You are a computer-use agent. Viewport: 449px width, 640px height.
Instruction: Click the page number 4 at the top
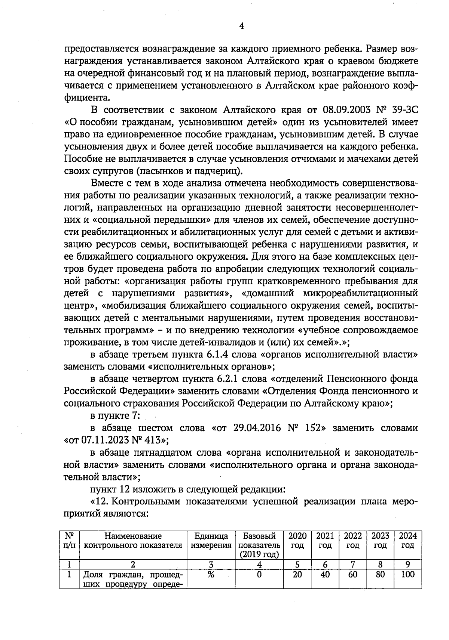click(241, 26)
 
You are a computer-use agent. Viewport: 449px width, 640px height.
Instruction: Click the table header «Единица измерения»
click(211, 540)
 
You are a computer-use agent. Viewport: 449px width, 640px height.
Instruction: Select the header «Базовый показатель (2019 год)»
click(259, 545)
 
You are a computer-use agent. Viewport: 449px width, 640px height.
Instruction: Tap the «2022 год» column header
click(352, 540)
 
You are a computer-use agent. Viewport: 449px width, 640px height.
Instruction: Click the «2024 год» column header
click(407, 540)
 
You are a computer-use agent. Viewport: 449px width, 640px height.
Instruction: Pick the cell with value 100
click(407, 574)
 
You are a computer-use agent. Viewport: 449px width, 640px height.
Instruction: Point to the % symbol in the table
click(211, 574)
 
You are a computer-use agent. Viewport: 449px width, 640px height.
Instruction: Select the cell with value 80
click(380, 574)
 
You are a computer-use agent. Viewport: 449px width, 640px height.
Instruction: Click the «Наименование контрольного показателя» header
click(133, 540)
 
